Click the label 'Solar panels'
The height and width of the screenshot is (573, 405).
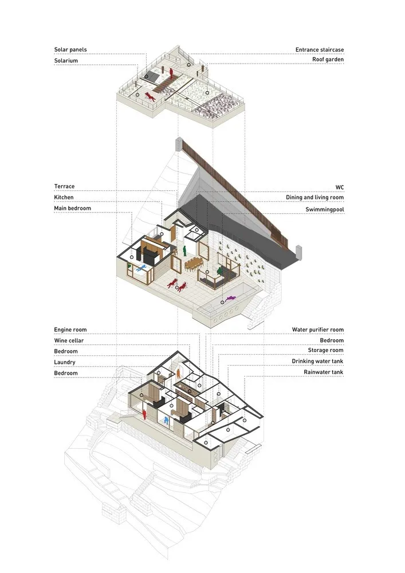[70, 50]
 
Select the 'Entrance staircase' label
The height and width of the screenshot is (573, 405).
[319, 50]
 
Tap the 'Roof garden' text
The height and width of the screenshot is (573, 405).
[328, 60]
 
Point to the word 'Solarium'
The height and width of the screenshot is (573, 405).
[66, 60]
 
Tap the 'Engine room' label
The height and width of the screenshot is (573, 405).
[70, 330]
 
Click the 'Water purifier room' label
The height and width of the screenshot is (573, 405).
[317, 330]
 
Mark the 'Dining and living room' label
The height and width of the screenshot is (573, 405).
[314, 198]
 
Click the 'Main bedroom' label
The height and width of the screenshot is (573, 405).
[72, 208]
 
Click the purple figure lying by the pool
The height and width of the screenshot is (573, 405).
[231, 299]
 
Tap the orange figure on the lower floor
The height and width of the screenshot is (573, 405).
[179, 373]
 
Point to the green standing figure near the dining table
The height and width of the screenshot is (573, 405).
[185, 251]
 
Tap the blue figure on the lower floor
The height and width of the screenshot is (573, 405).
[166, 421]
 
